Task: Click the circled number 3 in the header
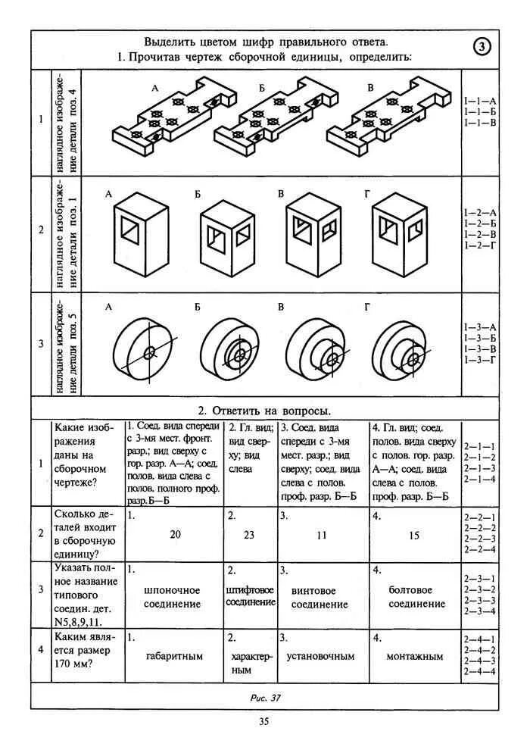[482, 47]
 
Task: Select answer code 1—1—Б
[480, 111]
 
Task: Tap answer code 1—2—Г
[480, 246]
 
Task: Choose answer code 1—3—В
[480, 348]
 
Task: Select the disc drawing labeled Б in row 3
[232, 351]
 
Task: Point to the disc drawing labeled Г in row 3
[403, 351]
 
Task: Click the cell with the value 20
[175, 534]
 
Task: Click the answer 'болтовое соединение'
[416, 596]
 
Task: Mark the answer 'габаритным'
[174, 656]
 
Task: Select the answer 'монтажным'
[415, 656]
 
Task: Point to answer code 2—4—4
[479, 671]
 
